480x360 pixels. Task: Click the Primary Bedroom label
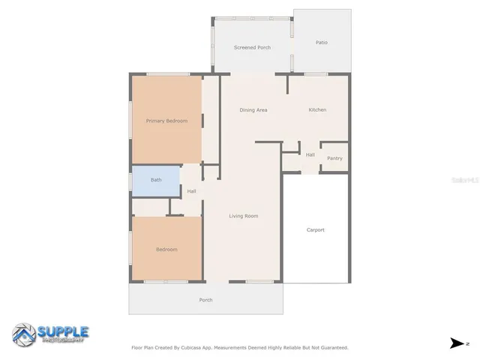pyautogui.click(x=166, y=121)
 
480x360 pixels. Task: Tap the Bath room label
pyautogui.click(x=156, y=180)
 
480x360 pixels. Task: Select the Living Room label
pyautogui.click(x=244, y=216)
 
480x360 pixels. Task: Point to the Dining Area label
pyautogui.click(x=253, y=110)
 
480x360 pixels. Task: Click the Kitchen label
pyautogui.click(x=317, y=110)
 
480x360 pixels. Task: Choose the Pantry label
pyautogui.click(x=334, y=158)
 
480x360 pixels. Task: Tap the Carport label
pyautogui.click(x=316, y=230)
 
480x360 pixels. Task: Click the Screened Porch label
pyautogui.click(x=252, y=47)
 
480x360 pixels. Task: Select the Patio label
pyautogui.click(x=322, y=43)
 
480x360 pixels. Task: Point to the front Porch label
pyautogui.click(x=205, y=300)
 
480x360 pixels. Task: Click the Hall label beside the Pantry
pyautogui.click(x=310, y=155)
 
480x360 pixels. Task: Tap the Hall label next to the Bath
pyautogui.click(x=192, y=191)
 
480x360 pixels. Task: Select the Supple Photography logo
pyautogui.click(x=50, y=334)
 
